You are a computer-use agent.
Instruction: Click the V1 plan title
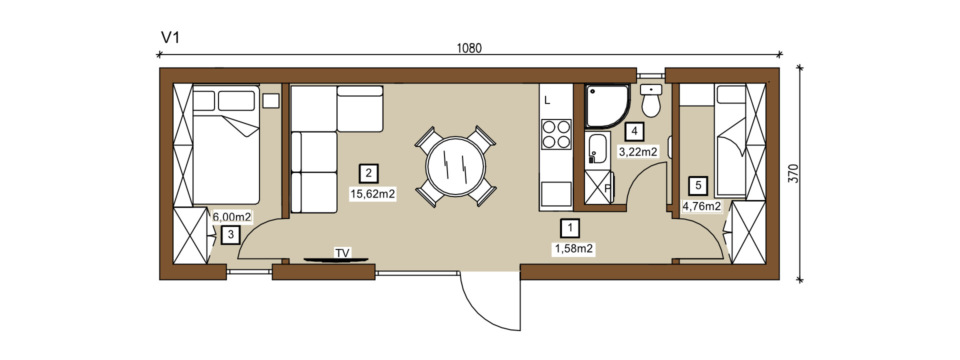170,37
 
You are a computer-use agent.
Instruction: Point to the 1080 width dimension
469,48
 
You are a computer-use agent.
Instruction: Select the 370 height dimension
793,173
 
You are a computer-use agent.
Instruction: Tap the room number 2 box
369,173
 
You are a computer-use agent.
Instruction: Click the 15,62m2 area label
373,194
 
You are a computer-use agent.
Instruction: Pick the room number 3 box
230,234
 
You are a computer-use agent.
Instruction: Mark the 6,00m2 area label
232,217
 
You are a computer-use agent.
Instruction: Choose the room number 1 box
570,228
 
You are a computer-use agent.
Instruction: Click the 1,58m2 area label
574,248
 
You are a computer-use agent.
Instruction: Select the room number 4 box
634,131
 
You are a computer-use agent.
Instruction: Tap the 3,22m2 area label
638,151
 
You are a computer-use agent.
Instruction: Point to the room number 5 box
698,186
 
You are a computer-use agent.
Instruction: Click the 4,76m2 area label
702,206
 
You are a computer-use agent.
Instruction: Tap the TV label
342,253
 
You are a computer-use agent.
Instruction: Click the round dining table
455,166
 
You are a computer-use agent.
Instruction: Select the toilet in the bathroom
651,101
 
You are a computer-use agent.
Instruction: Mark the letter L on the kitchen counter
547,100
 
